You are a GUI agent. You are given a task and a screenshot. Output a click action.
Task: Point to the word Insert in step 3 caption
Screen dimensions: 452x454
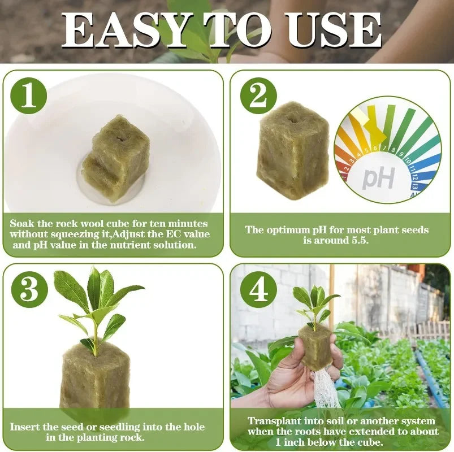click(26, 427)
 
